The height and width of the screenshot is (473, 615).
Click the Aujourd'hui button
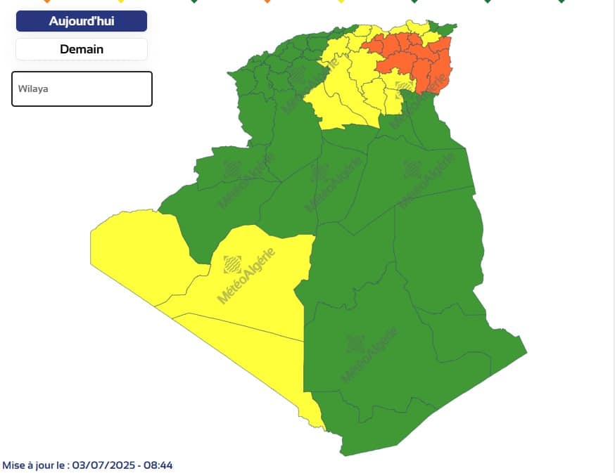pyautogui.click(x=82, y=21)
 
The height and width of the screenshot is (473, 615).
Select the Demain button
pyautogui.click(x=82, y=49)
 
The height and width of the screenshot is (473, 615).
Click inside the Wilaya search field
pyautogui.click(x=82, y=89)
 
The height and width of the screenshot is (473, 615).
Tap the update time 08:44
pyautogui.click(x=158, y=465)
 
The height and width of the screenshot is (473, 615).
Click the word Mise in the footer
pyautogui.click(x=15, y=465)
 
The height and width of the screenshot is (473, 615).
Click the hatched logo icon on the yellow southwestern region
pyautogui.click(x=232, y=264)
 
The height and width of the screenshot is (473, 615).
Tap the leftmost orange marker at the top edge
pyautogui.click(x=47, y=1)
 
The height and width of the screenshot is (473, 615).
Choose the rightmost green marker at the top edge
pyautogui.click(x=562, y=1)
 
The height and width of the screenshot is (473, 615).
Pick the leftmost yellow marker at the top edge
pyautogui.click(x=121, y=1)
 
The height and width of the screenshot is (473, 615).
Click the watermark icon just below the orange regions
pyautogui.click(x=404, y=87)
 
